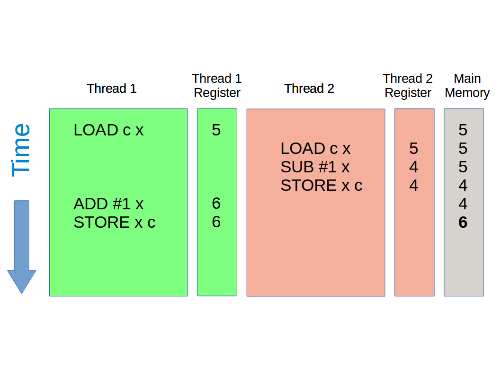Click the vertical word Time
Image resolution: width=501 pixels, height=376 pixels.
(21, 150)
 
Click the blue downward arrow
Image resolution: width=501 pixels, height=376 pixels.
(22, 246)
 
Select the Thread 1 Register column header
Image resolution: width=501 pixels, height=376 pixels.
(217, 86)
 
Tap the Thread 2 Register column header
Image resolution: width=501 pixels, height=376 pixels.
(408, 86)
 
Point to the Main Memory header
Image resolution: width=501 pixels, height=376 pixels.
(467, 86)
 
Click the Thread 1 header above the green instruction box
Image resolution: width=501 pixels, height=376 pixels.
(112, 89)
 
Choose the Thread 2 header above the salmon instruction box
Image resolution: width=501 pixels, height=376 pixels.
(309, 89)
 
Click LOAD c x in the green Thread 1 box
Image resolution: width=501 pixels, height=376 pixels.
(108, 130)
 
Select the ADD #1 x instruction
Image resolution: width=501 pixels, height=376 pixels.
(108, 204)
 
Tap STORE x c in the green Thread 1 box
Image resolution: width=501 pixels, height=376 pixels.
(114, 223)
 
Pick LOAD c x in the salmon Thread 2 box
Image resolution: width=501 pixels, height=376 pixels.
(315, 149)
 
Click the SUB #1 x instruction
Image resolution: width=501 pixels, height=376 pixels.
(315, 167)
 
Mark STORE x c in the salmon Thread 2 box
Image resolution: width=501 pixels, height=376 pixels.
(321, 186)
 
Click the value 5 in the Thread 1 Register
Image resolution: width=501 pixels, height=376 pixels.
(216, 130)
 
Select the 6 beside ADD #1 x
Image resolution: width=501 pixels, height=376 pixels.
(216, 204)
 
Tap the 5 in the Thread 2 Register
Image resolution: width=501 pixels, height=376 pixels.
(414, 149)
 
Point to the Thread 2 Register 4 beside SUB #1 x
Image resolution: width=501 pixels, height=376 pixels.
(414, 167)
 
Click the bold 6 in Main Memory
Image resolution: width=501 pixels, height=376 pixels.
(463, 223)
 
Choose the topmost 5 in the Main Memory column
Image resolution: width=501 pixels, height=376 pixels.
(463, 130)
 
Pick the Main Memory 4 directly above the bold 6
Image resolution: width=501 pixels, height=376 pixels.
(463, 204)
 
